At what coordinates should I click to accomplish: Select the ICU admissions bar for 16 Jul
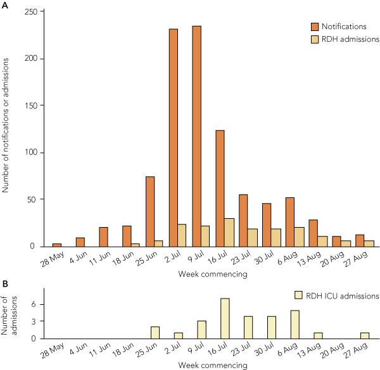[x=225, y=318]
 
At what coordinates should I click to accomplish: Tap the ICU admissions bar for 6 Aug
[x=294, y=324]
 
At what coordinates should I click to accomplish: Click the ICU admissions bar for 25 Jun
[x=155, y=332]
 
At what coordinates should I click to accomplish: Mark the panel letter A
[x=5, y=6]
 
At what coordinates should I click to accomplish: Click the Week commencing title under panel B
[x=212, y=366]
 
